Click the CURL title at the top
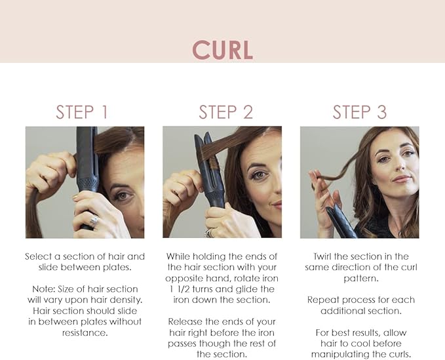pyautogui.click(x=222, y=50)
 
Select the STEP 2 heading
pyautogui.click(x=225, y=111)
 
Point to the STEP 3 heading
pyautogui.click(x=360, y=111)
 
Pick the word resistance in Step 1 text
pyautogui.click(x=85, y=332)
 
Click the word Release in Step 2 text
pyautogui.click(x=186, y=321)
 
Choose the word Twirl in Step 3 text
pyautogui.click(x=324, y=256)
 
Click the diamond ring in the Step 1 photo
pyautogui.click(x=93, y=220)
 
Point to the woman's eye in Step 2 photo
pyautogui.click(x=258, y=176)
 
